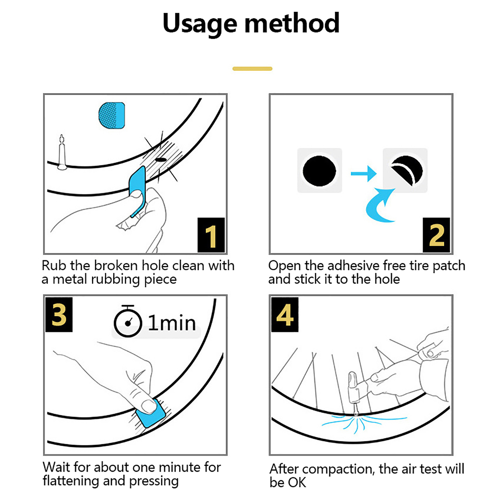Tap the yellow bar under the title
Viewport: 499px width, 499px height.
[252, 69]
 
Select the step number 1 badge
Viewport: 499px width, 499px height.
[211, 235]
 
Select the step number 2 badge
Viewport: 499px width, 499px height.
[436, 235]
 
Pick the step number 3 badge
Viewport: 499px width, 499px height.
[59, 314]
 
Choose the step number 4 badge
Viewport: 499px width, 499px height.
[285, 314]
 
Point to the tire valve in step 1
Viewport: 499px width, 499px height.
[62, 153]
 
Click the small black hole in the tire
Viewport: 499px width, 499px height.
[161, 160]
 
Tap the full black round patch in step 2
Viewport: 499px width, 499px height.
[319, 171]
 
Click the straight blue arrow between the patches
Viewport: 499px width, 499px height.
[364, 173]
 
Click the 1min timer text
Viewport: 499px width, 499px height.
[172, 322]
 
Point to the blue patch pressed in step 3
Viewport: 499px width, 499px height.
[151, 413]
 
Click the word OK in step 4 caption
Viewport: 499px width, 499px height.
[297, 482]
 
